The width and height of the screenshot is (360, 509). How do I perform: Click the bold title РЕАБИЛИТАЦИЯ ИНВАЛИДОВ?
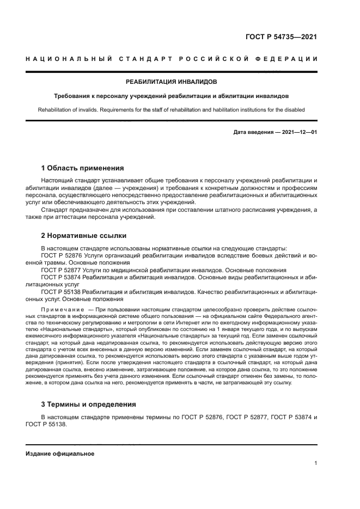pos(171,82)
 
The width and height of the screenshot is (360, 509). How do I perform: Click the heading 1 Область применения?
pos(83,168)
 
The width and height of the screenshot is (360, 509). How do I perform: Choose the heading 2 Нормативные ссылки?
pos(84,236)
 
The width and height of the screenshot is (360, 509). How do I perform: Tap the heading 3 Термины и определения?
pos(89,404)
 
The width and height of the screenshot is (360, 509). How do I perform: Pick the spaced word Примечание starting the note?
pos(59,310)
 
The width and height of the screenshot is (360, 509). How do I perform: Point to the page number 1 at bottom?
pos(316,463)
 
